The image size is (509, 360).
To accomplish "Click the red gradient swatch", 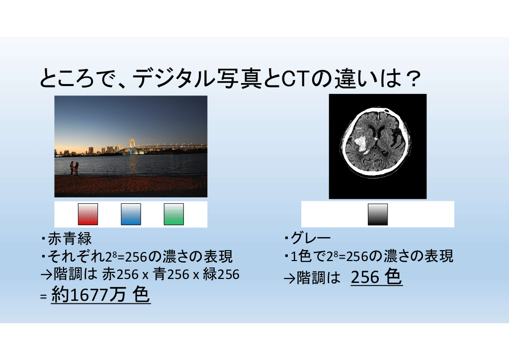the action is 87,214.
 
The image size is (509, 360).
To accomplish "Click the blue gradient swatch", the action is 131,214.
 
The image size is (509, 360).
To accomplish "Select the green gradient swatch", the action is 173,214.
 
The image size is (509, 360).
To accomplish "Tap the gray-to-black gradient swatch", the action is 378,214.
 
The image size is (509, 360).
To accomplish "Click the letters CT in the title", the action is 295,79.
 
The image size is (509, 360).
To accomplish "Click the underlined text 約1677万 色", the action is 100,295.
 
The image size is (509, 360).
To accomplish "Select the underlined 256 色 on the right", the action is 377,277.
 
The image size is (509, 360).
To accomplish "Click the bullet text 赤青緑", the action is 70,239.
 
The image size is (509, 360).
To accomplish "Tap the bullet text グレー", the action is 311,238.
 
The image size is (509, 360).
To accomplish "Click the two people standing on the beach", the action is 75,169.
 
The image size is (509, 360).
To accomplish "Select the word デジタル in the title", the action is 174,79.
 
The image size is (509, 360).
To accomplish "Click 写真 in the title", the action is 239,79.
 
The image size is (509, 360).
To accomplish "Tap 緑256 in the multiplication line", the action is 221,274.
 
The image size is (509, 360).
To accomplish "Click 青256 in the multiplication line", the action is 171,274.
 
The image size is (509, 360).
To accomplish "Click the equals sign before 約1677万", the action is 44,297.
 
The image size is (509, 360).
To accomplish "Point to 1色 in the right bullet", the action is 301,257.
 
